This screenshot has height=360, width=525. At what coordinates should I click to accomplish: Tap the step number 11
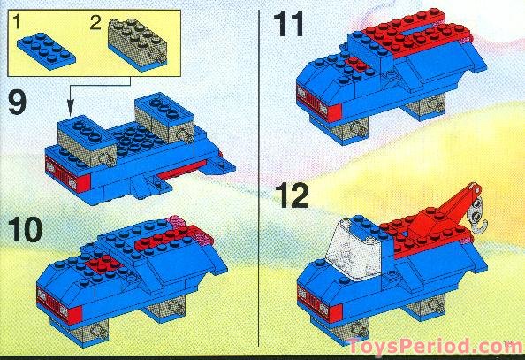(292, 24)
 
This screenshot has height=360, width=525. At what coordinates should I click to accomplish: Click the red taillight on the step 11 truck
(334, 112)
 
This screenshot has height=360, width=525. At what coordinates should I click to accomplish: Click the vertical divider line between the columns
(256, 177)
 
